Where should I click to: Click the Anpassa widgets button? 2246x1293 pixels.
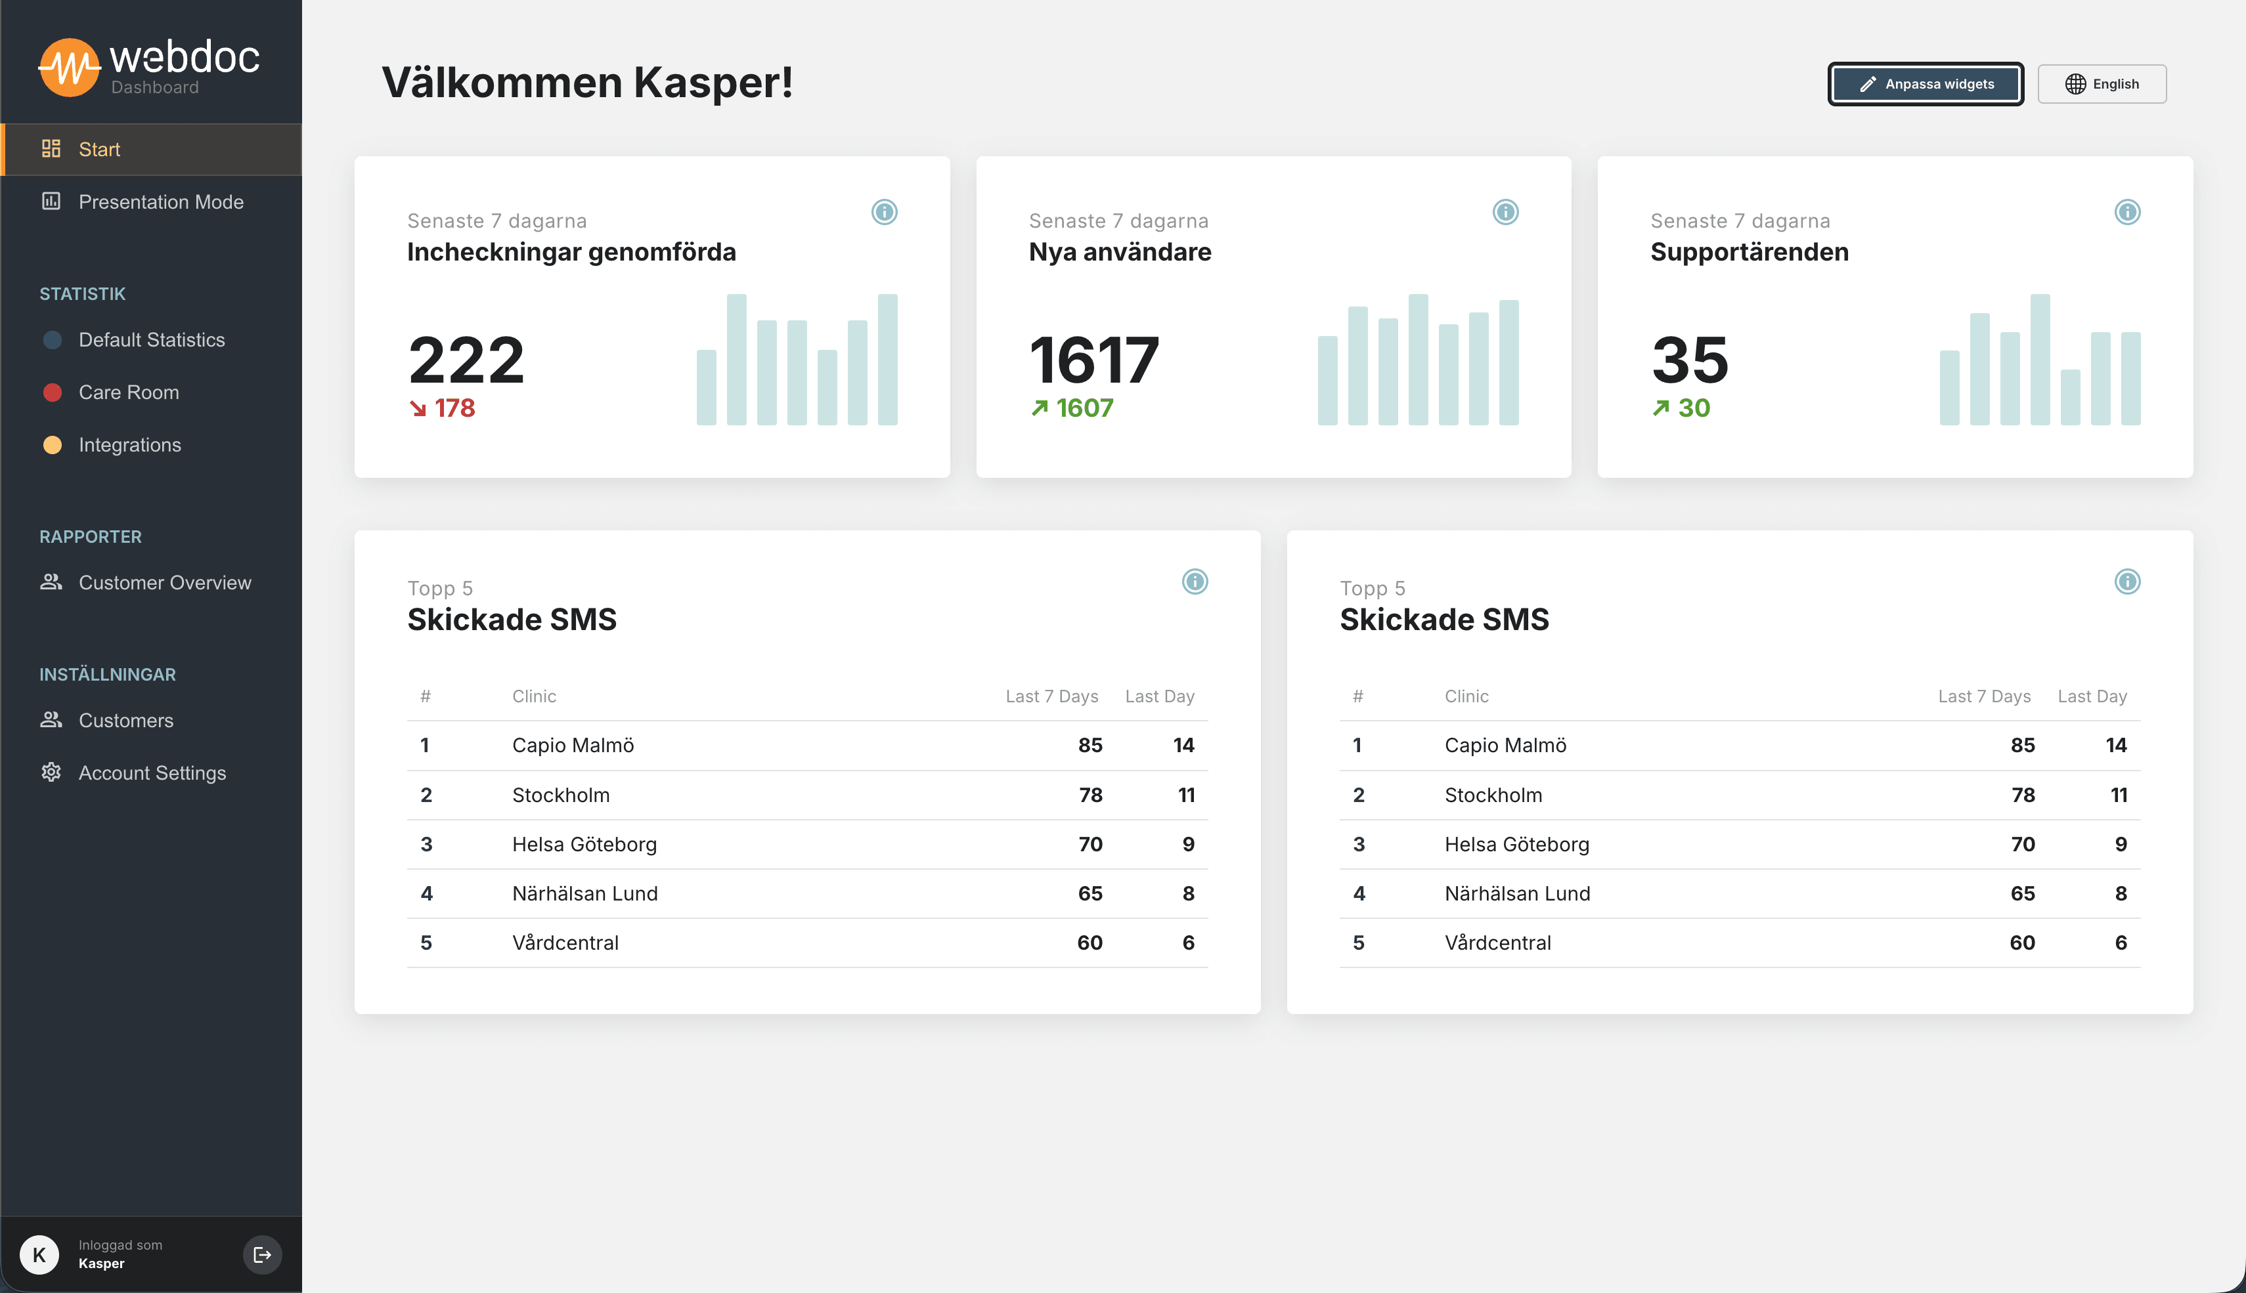tap(1926, 85)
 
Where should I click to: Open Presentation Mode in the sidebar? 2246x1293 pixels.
tap(161, 202)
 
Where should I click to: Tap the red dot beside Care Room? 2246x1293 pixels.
tap(53, 392)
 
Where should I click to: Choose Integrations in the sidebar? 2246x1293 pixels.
tap(130, 445)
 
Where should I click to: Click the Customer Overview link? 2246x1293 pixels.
tap(164, 583)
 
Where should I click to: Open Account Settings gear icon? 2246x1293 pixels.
tap(51, 773)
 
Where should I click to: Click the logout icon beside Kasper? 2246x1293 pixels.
tap(262, 1255)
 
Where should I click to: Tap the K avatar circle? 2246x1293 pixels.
tap(39, 1255)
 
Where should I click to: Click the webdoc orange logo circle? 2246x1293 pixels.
tap(68, 66)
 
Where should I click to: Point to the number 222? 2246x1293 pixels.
tap(466, 360)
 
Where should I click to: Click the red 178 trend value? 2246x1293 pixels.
tap(454, 408)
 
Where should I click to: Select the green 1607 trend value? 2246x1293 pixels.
tap(1084, 408)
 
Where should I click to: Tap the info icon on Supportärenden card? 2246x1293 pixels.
tap(2127, 212)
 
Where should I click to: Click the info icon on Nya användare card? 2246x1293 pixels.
tap(1505, 212)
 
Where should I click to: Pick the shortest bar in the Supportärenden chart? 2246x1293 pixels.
tap(2070, 397)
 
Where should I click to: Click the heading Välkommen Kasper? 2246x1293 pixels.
tap(587, 83)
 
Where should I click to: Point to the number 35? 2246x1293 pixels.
tap(1690, 360)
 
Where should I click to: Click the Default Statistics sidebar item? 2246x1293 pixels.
tap(151, 340)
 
